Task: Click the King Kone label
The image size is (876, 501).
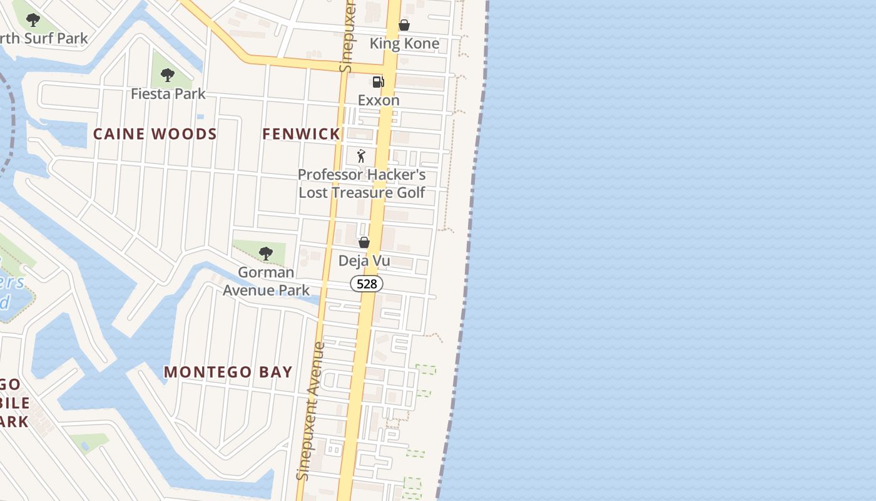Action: pos(404,43)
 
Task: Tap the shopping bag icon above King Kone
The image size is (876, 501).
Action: pos(404,25)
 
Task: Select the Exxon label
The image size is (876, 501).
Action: pos(379,100)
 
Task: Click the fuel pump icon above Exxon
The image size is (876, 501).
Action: pos(378,82)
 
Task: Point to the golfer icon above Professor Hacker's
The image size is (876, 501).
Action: pos(361,156)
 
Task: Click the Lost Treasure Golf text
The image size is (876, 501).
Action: pos(362,192)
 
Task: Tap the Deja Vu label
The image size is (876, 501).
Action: pos(364,260)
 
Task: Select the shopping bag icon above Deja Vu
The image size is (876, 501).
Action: pos(364,242)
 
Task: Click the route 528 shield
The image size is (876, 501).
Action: pos(367,284)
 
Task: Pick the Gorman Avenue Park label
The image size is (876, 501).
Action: pos(267,281)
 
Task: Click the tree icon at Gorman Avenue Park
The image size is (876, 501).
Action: pos(266,254)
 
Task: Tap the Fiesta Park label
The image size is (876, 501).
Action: pos(168,94)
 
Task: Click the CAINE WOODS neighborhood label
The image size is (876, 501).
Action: pos(155,133)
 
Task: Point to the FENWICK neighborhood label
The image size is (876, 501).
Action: pos(301,133)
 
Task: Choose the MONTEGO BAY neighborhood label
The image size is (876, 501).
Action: pos(228,371)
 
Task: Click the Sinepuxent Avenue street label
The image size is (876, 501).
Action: pos(310,411)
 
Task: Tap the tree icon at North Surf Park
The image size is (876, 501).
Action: pos(33,20)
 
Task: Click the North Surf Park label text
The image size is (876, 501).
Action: pos(44,38)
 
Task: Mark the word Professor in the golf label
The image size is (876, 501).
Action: pos(330,175)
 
